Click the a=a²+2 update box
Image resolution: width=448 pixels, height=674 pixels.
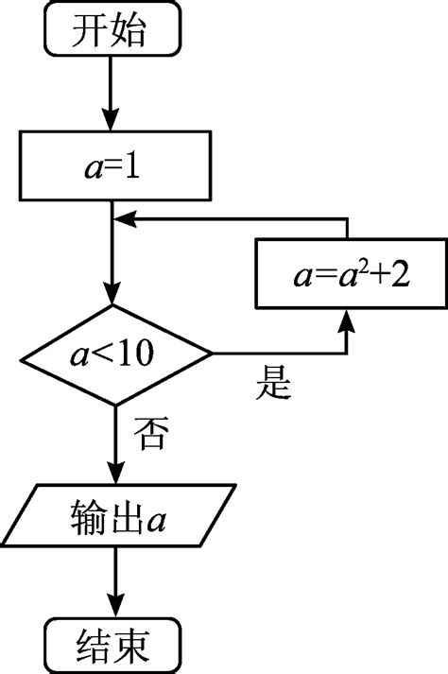pos(351,279)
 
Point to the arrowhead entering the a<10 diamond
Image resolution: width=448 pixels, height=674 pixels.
pos(113,295)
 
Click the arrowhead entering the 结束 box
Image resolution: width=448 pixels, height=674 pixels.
pos(113,605)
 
